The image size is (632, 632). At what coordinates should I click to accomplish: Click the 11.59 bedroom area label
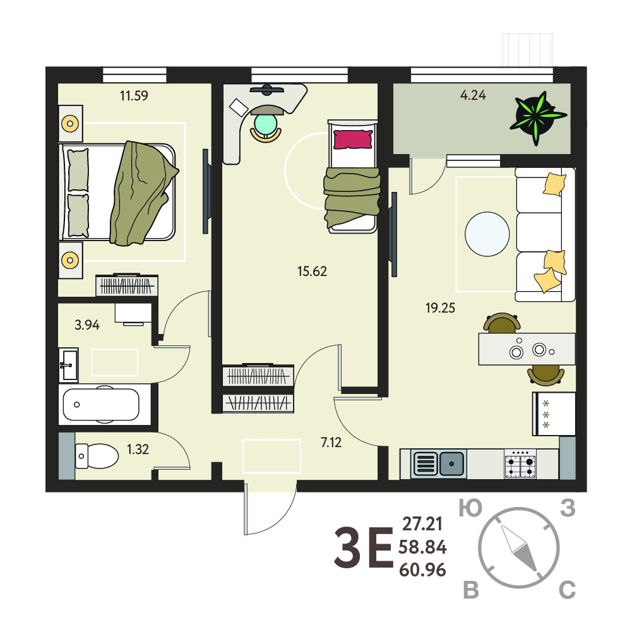pyautogui.click(x=134, y=95)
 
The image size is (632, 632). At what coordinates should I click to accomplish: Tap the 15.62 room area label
pyautogui.click(x=312, y=271)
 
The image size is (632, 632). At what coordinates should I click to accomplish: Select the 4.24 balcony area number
pyautogui.click(x=473, y=95)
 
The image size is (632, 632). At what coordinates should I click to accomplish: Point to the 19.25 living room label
pyautogui.click(x=440, y=308)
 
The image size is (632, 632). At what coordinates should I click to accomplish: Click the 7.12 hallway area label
pyautogui.click(x=331, y=443)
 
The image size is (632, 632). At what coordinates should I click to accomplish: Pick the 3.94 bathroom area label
pyautogui.click(x=87, y=325)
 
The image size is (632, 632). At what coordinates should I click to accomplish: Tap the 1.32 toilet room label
pyautogui.click(x=138, y=449)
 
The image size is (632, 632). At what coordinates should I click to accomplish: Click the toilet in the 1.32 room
pyautogui.click(x=97, y=456)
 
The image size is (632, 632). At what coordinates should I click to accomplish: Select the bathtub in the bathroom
pyautogui.click(x=101, y=404)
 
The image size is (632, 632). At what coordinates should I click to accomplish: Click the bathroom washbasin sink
pyautogui.click(x=69, y=365)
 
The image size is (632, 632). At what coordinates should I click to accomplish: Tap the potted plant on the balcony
pyautogui.click(x=538, y=117)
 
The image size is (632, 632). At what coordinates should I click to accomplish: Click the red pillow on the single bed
pyautogui.click(x=353, y=139)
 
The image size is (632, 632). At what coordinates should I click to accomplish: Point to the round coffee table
pyautogui.click(x=487, y=234)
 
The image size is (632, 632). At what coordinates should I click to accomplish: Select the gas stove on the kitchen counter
pyautogui.click(x=520, y=464)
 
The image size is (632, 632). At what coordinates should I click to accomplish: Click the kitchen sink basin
pyautogui.click(x=451, y=464)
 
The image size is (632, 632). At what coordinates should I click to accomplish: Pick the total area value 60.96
pyautogui.click(x=422, y=570)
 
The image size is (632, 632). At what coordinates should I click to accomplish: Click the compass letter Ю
pyautogui.click(x=470, y=509)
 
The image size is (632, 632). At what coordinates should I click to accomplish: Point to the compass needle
pyautogui.click(x=520, y=548)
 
